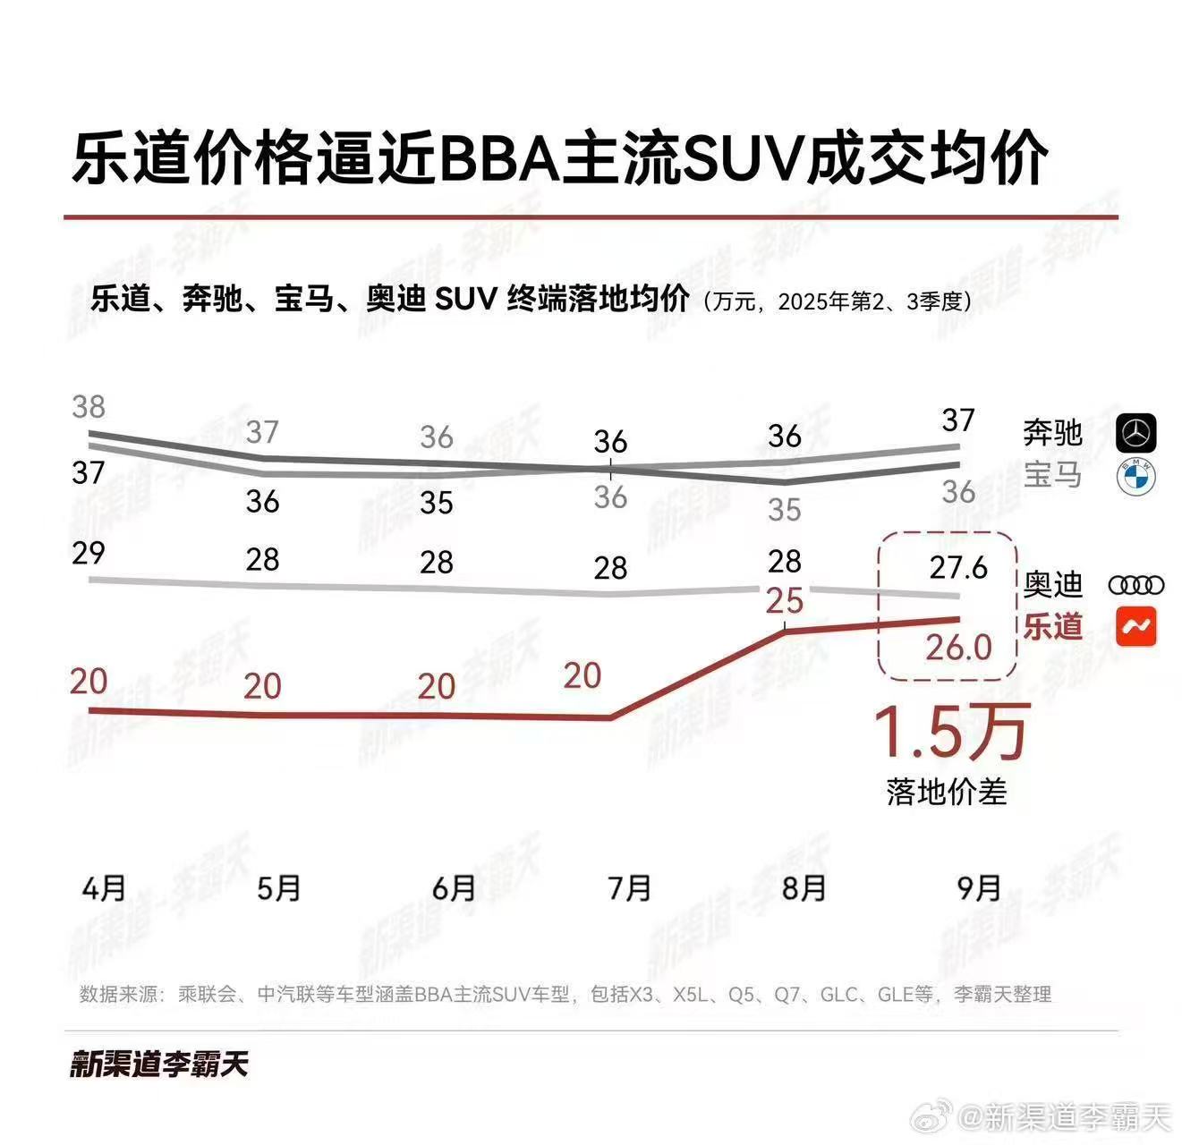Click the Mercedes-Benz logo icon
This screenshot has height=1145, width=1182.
pyautogui.click(x=1136, y=434)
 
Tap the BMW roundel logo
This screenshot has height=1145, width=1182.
pyautogui.click(x=1136, y=477)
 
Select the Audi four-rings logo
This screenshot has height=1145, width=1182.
pyautogui.click(x=1136, y=586)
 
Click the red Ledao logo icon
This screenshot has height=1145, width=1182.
pyautogui.click(x=1136, y=627)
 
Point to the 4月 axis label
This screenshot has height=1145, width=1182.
pyautogui.click(x=104, y=888)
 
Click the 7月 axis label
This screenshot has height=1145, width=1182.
pyautogui.click(x=629, y=888)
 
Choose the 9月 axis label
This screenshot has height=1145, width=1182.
pyautogui.click(x=979, y=888)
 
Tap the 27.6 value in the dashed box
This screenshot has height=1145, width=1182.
pyautogui.click(x=957, y=567)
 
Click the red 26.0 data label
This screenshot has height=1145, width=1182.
pyautogui.click(x=958, y=647)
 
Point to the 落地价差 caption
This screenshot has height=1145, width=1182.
pyautogui.click(x=947, y=792)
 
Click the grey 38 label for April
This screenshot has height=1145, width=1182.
pyautogui.click(x=89, y=407)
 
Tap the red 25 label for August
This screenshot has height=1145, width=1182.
pyautogui.click(x=785, y=601)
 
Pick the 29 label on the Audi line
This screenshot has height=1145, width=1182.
pyautogui.click(x=89, y=553)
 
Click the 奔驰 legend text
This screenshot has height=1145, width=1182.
pyautogui.click(x=1053, y=434)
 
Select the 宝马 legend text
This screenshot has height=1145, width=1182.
pyautogui.click(x=1053, y=475)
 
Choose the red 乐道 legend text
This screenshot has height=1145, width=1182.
pyautogui.click(x=1053, y=626)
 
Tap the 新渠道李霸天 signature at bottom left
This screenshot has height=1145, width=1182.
pyautogui.click(x=159, y=1064)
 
